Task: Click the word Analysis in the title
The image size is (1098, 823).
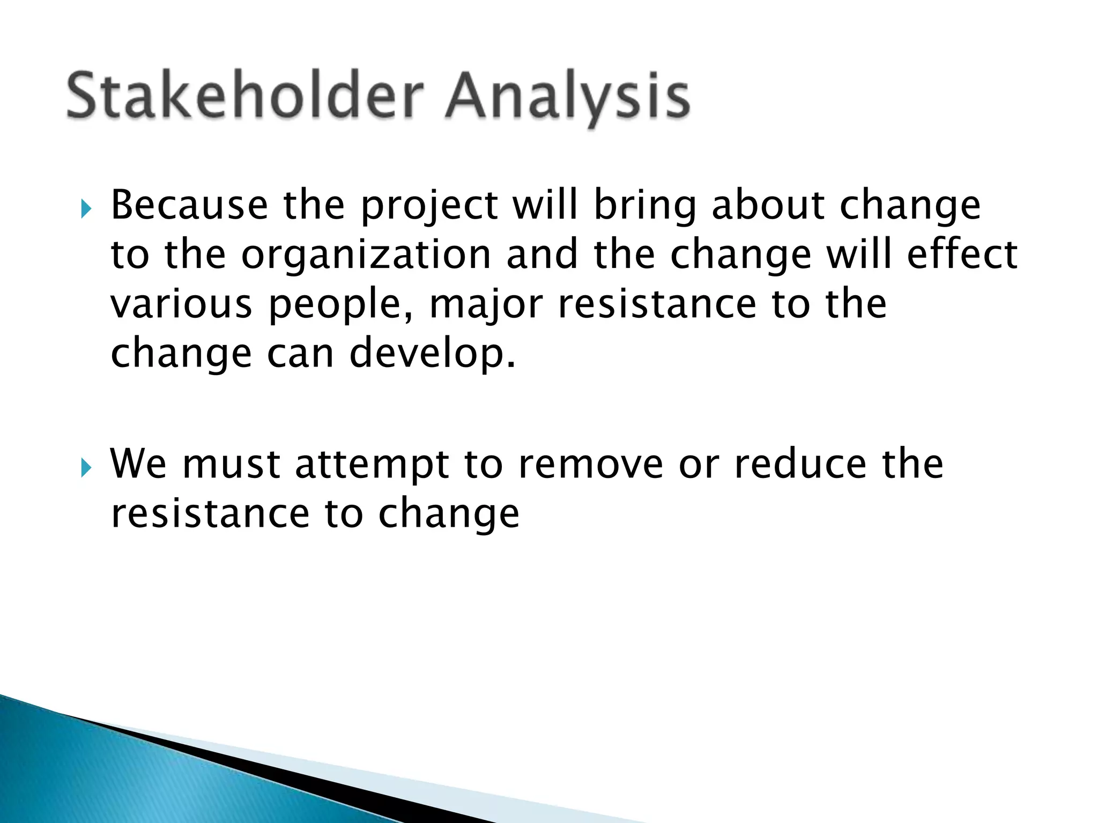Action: (567, 96)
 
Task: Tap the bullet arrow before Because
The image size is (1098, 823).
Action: (86, 208)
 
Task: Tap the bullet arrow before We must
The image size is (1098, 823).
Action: (86, 468)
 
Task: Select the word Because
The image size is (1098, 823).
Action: (189, 205)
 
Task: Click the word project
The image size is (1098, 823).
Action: (429, 206)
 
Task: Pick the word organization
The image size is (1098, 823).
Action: (366, 256)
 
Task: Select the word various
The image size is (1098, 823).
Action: (181, 304)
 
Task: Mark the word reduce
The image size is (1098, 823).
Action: (800, 464)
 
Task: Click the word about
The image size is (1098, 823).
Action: (768, 205)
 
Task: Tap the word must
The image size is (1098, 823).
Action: (231, 464)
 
